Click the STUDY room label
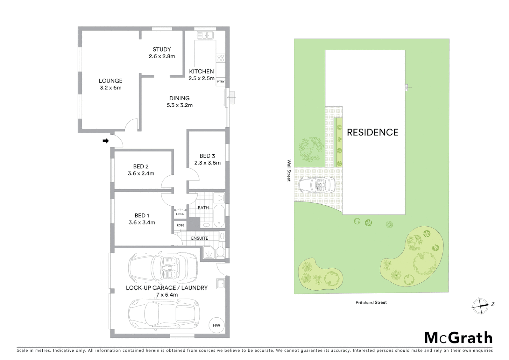point(162,49)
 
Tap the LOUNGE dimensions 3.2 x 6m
point(111,88)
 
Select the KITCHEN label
point(201,71)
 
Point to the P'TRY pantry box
point(221,82)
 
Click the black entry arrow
point(106,141)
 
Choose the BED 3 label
point(207,156)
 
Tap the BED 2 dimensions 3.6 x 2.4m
point(141,173)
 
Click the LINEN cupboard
point(180,214)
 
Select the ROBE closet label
point(180,225)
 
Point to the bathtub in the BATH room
point(219,216)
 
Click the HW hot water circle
point(216,325)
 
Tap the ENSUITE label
point(200,238)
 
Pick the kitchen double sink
point(205,35)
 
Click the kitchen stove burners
point(221,58)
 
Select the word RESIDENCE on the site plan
point(372,132)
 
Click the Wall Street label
point(289,170)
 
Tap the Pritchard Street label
point(371,302)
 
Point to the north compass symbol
point(481,305)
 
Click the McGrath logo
point(458,338)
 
